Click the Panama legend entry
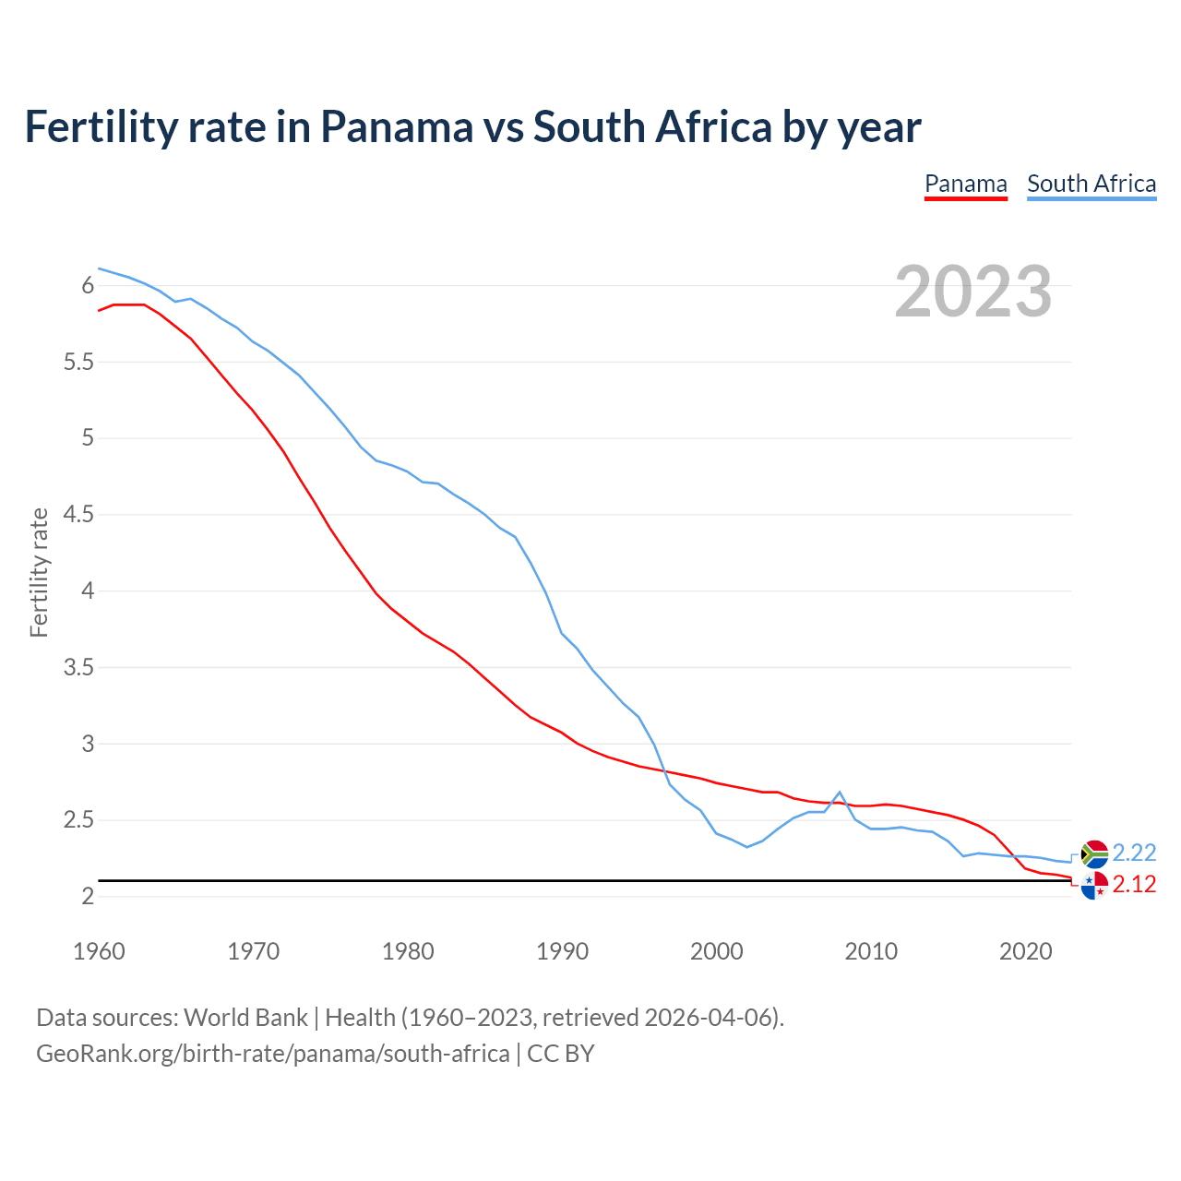tap(965, 184)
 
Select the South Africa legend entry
tap(1091, 184)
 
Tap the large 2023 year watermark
tap(972, 292)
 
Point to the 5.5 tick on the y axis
tap(78, 362)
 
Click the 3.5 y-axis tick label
tap(78, 667)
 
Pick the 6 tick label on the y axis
tap(88, 286)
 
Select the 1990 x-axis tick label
tap(562, 951)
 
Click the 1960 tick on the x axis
tap(99, 951)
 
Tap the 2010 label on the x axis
tap(871, 951)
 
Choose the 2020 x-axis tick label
tap(1025, 951)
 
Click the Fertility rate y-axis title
tap(39, 572)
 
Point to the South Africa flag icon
tap(1093, 853)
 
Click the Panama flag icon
tap(1093, 885)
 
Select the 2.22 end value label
tap(1134, 853)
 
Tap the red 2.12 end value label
tap(1134, 884)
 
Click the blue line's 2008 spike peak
tap(840, 792)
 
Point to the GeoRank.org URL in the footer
tap(272, 1053)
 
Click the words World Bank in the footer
tap(245, 1017)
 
